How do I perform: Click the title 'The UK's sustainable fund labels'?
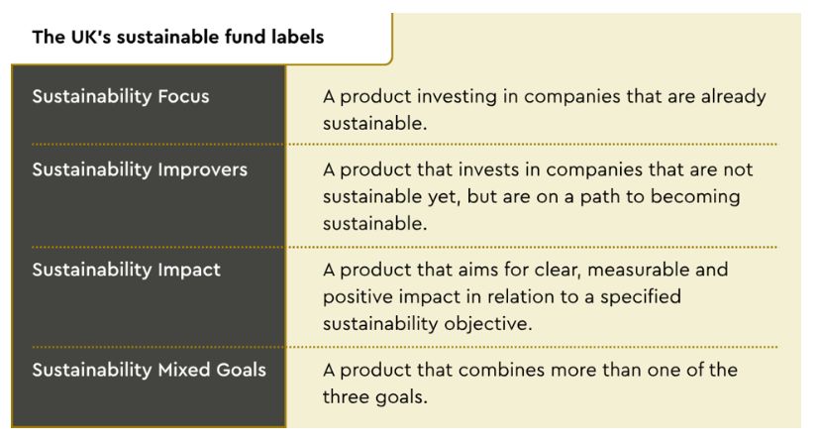point(178,38)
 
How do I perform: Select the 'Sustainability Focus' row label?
point(121,97)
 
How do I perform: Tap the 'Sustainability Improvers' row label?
point(140,170)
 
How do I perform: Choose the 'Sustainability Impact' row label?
point(126,271)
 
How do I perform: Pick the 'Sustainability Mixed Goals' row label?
point(150,371)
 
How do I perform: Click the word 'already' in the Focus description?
point(733,97)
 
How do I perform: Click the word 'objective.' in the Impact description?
point(488,324)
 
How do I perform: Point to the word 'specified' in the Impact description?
point(641,297)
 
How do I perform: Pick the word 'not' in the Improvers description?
point(738,170)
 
